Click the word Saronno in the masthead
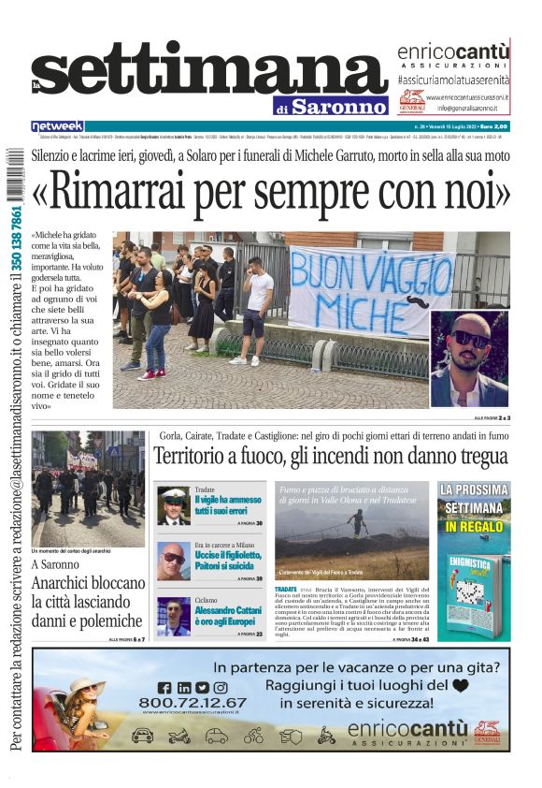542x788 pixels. tap(337, 106)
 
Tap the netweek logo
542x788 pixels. tap(57, 125)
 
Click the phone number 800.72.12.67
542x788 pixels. tap(193, 702)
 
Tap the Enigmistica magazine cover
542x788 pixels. tap(474, 590)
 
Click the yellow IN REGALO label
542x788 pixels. tap(474, 527)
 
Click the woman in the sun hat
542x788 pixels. tap(83, 701)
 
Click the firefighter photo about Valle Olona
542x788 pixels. tap(354, 529)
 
